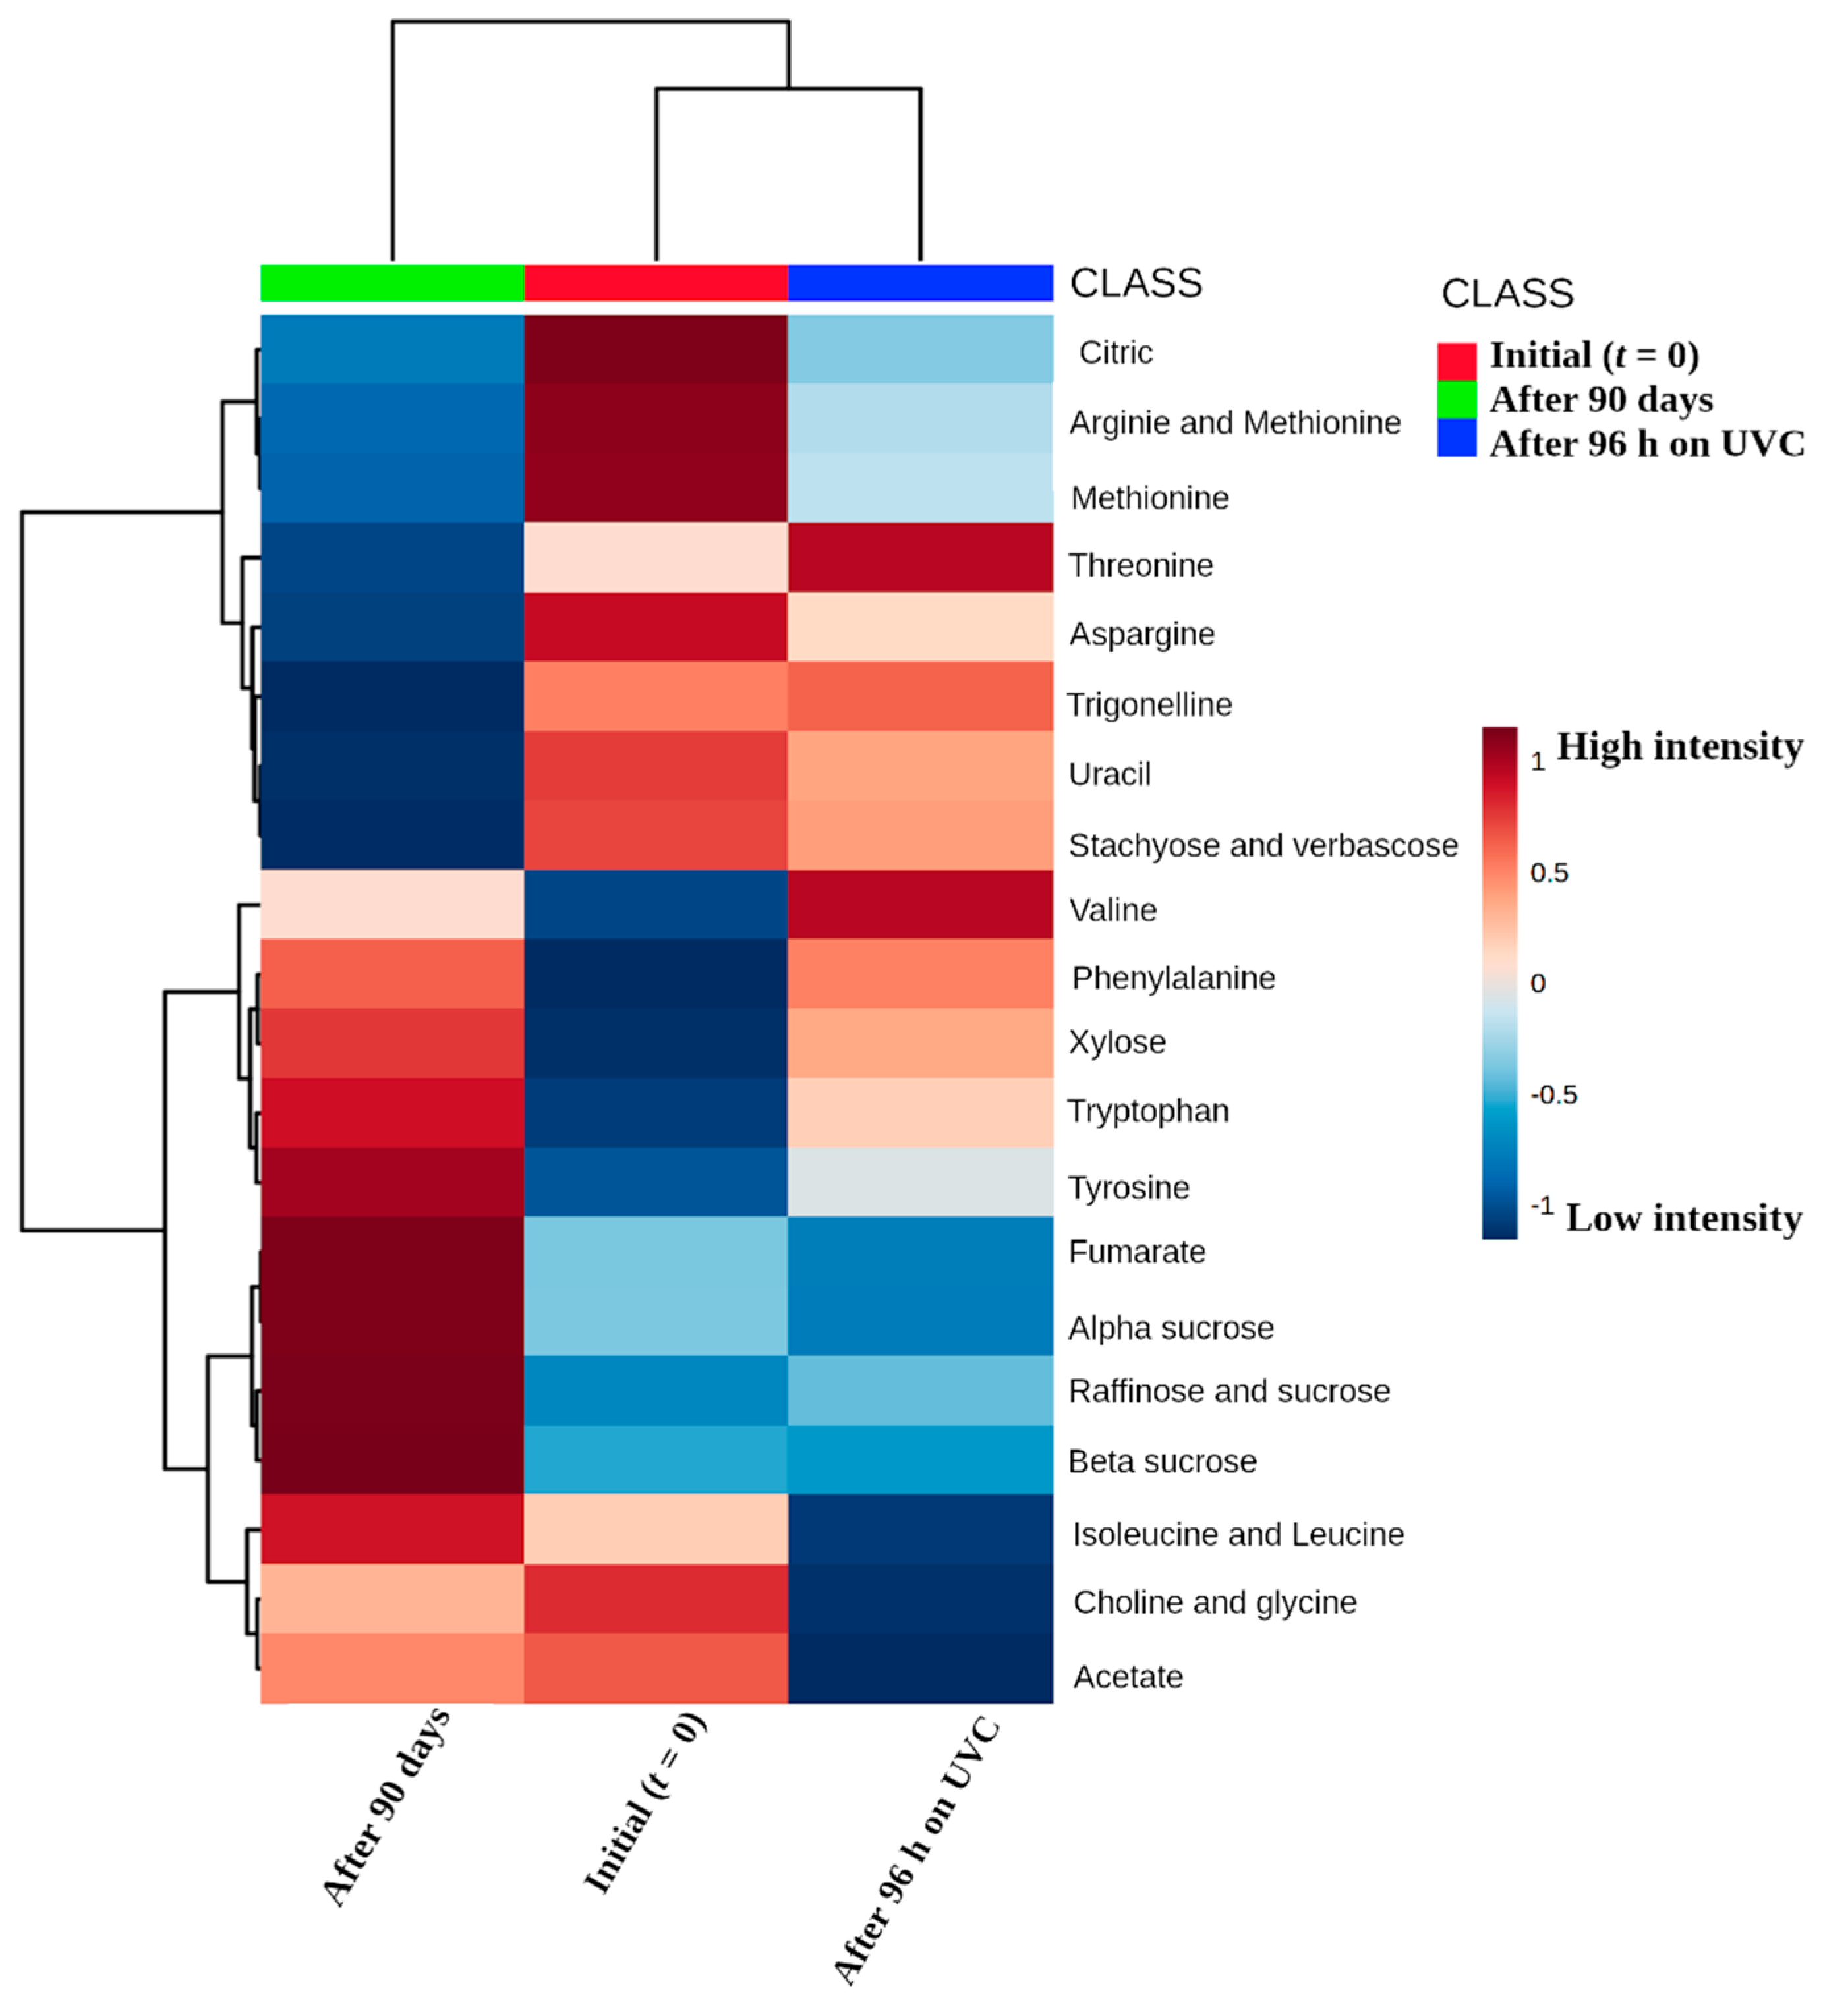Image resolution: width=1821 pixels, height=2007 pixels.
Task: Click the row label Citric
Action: [1115, 353]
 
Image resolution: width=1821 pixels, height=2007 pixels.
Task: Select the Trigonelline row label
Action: [1149, 705]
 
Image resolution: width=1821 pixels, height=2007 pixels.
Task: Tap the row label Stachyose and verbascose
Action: [1263, 845]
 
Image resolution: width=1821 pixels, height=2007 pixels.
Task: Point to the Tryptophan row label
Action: [1148, 1111]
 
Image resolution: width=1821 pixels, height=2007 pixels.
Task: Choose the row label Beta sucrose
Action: [1162, 1461]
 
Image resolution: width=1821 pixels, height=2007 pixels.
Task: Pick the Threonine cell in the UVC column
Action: [920, 557]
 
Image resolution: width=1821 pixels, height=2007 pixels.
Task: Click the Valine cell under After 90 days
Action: [392, 905]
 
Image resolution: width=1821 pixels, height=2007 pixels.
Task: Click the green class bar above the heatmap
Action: [392, 283]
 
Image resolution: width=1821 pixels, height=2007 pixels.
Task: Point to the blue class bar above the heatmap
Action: [920, 283]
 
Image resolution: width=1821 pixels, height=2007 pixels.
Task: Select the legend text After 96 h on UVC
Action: [1647, 444]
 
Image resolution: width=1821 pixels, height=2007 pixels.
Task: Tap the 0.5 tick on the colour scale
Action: [1549, 873]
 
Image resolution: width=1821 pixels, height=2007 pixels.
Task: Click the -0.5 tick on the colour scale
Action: [1553, 1095]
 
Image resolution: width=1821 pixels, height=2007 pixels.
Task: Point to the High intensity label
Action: [1679, 747]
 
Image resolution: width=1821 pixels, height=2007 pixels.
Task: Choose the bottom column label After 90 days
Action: [386, 1807]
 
